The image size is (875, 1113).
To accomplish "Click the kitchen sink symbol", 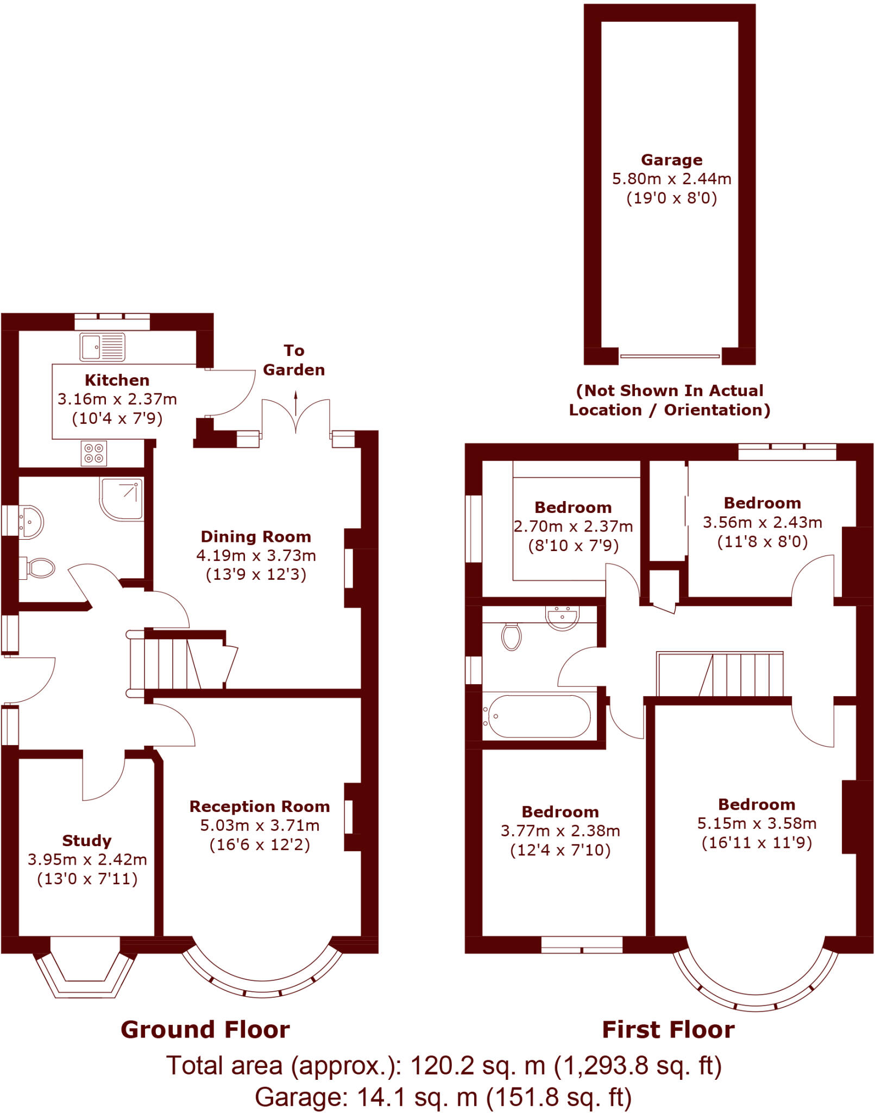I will click(102, 347).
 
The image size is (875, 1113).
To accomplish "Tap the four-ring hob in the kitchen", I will click(94, 453).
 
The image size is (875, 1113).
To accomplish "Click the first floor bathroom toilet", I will click(512, 636).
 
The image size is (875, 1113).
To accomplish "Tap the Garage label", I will click(671, 160).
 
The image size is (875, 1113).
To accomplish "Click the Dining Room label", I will click(256, 536).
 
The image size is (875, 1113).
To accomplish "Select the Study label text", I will click(87, 841).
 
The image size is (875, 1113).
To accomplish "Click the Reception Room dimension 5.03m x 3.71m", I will click(260, 826).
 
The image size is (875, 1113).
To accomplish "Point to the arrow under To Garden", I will click(296, 403).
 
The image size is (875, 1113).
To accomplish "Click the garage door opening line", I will click(670, 357).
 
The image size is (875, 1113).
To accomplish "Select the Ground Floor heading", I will click(205, 1030).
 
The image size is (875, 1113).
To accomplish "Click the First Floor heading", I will click(668, 1030).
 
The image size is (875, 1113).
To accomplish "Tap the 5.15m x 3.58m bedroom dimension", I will click(757, 823).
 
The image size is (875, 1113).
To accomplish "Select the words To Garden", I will click(294, 360).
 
